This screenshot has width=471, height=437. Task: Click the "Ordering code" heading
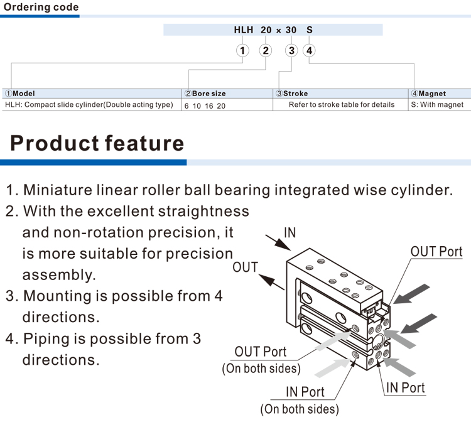(x=41, y=8)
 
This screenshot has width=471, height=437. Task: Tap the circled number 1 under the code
(x=243, y=51)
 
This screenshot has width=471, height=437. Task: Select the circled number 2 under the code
(x=266, y=51)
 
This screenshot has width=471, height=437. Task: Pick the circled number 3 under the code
(x=291, y=51)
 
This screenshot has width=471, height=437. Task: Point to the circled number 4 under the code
(x=309, y=51)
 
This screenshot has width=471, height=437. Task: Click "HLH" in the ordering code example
(x=243, y=30)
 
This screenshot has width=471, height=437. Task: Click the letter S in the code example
(x=309, y=30)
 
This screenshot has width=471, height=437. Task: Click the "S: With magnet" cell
(x=436, y=105)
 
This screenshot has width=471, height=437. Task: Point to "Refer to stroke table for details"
(x=342, y=105)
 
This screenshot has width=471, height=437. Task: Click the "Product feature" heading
(x=97, y=143)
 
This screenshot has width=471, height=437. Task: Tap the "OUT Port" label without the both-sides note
(x=436, y=252)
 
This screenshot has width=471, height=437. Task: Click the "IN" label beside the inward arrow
(x=290, y=233)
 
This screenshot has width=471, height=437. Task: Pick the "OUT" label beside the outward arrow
(x=245, y=267)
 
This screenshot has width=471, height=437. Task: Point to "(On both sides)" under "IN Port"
(x=300, y=409)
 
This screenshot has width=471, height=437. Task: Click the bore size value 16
(x=208, y=106)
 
